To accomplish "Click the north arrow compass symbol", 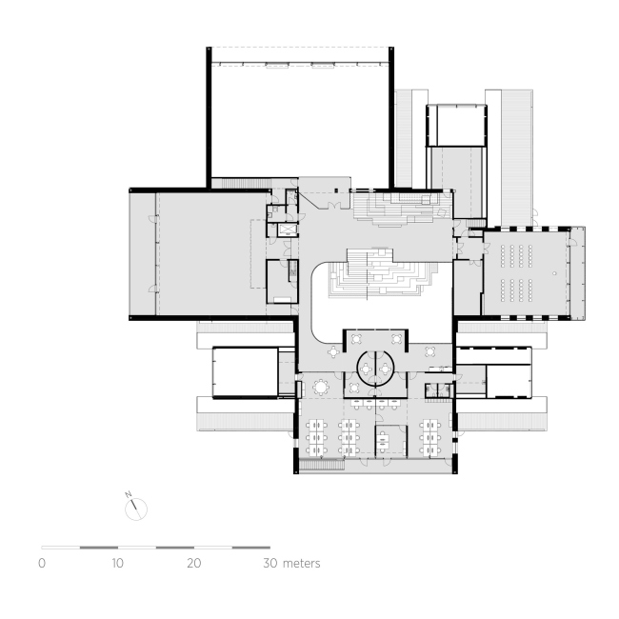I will [x=137, y=509].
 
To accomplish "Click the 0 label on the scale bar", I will [x=42, y=564].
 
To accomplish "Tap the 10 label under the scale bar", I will [x=118, y=564].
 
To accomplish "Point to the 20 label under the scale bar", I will [x=194, y=564].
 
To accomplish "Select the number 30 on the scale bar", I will [x=270, y=564].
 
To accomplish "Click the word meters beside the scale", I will [x=302, y=564].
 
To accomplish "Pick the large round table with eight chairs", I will [x=322, y=387].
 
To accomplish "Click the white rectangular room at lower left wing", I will [x=244, y=372].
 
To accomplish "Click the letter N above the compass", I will [x=127, y=494].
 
